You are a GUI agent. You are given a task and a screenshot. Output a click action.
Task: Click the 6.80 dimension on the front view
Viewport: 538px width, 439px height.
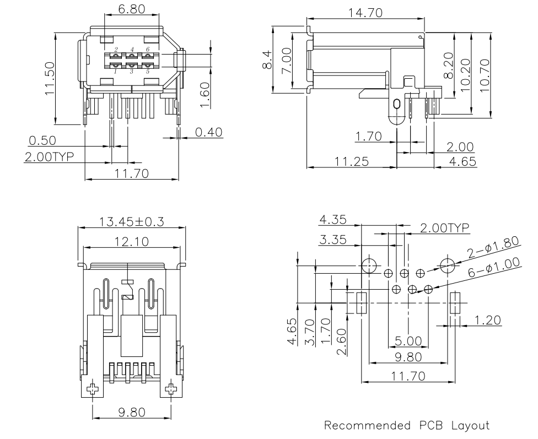point(132,9)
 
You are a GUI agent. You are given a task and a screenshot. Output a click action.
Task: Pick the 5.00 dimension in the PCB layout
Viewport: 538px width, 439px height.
point(408,342)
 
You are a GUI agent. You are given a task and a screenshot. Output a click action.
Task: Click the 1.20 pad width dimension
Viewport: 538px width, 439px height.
point(488,319)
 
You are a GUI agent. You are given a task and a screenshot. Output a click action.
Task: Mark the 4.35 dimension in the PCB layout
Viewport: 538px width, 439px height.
point(332,220)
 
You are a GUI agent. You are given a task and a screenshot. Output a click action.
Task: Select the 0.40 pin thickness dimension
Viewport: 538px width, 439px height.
point(210,133)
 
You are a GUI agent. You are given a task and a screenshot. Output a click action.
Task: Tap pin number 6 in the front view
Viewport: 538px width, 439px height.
point(148,50)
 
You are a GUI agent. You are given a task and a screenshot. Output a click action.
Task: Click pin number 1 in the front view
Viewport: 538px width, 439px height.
point(115,71)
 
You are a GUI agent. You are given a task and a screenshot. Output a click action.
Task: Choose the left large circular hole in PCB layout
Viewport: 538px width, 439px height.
point(368,265)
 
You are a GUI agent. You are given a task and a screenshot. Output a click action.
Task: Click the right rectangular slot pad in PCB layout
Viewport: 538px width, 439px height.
point(455,303)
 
